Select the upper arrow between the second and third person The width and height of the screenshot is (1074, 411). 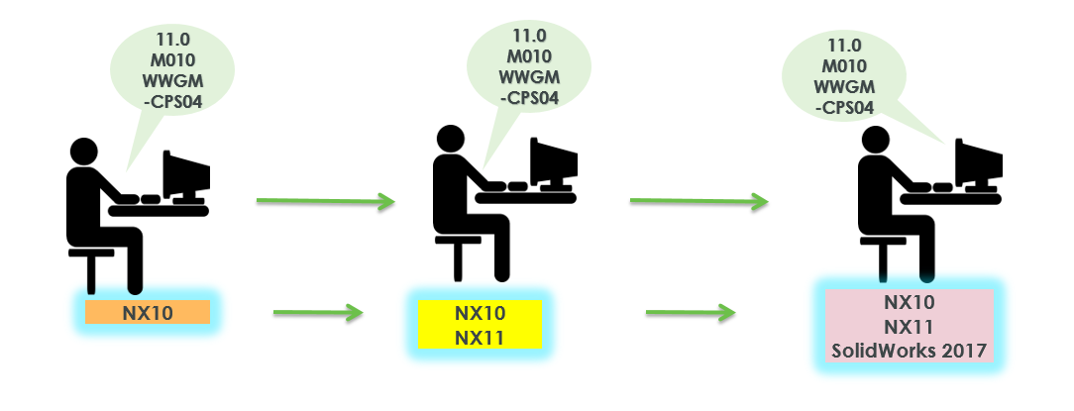pyautogui.click(x=699, y=202)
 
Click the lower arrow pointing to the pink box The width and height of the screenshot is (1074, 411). pyautogui.click(x=691, y=314)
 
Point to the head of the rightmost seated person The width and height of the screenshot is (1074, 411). pyautogui.click(x=875, y=145)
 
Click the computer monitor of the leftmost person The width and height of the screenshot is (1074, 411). pyautogui.click(x=185, y=174)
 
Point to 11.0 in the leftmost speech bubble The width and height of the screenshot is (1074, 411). pyautogui.click(x=173, y=40)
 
